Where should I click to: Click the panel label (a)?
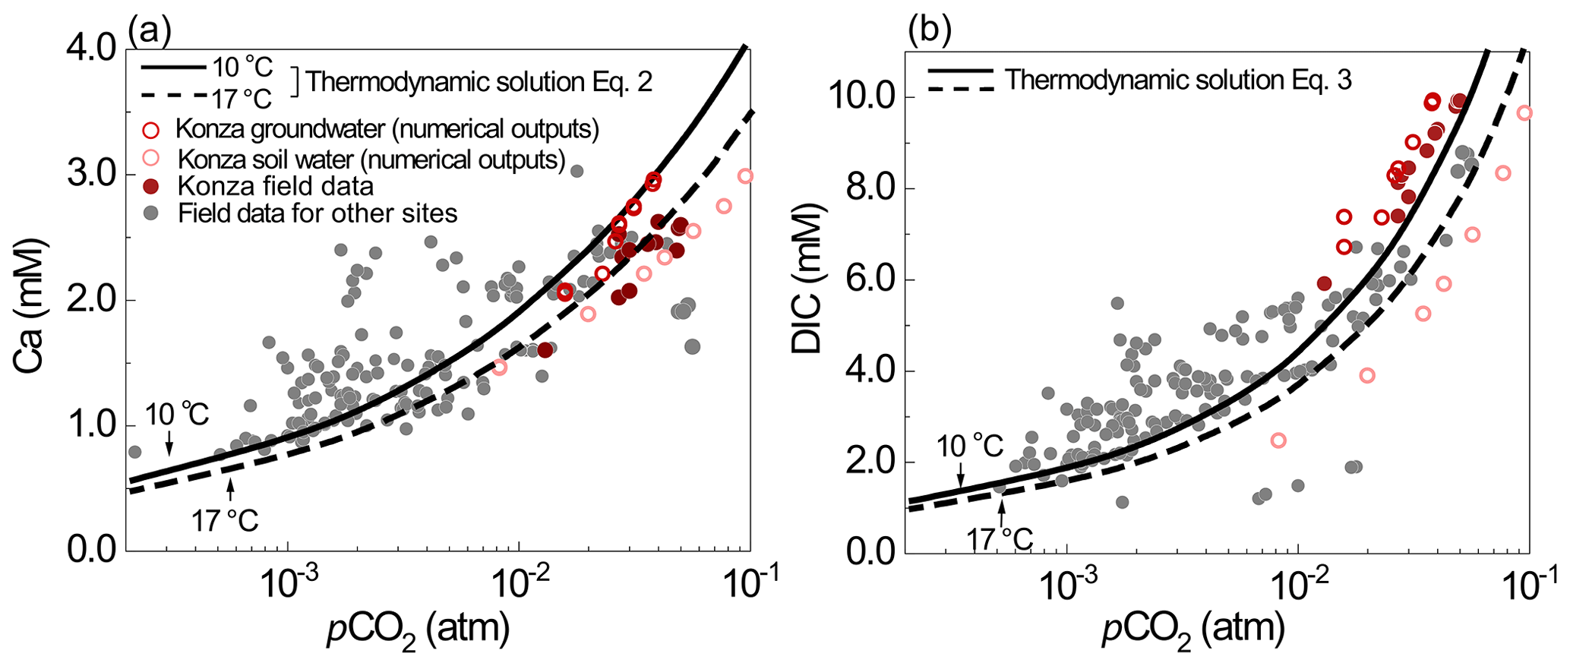150,31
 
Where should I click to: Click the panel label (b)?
930,31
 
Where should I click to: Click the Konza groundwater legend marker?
151,131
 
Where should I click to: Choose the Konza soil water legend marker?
151,159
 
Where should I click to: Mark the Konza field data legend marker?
151,187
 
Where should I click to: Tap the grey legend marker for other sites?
151,213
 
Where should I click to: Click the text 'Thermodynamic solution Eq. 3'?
1179,80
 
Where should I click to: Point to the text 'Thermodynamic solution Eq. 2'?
479,82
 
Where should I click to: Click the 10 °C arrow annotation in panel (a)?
169,440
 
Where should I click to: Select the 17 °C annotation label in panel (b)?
1000,538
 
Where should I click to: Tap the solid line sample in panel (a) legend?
173,67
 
